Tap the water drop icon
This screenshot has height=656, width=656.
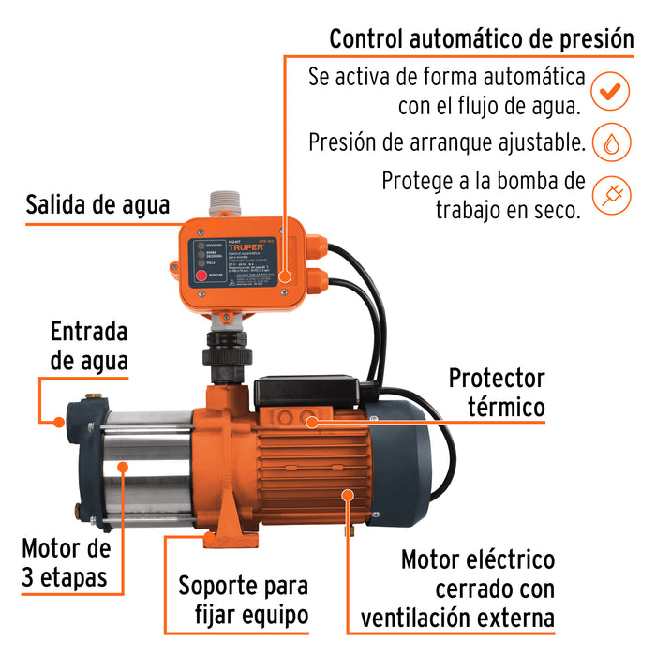(x=610, y=143)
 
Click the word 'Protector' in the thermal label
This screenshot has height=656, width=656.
(x=497, y=379)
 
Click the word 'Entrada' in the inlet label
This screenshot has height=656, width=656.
(x=89, y=332)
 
